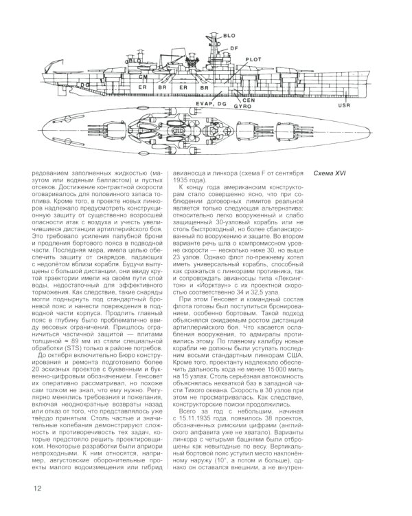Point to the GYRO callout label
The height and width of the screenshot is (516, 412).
[241, 107]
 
